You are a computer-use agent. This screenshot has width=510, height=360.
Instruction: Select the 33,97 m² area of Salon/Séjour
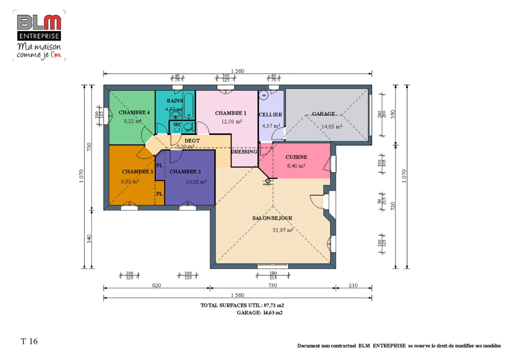(x=282, y=230)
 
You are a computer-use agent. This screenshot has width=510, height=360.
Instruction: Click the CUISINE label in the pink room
(x=296, y=157)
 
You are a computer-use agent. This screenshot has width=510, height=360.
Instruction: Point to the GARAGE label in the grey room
(x=323, y=114)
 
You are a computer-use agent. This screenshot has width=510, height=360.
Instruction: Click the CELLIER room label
(x=270, y=115)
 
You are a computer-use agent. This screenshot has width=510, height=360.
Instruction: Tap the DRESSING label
(x=244, y=152)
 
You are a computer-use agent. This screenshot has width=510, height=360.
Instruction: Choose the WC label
(x=178, y=124)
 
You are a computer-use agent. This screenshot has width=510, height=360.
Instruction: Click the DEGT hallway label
(x=192, y=141)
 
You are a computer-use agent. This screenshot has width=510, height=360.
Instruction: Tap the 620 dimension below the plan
(x=156, y=286)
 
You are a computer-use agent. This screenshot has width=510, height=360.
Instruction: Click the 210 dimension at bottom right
(x=353, y=286)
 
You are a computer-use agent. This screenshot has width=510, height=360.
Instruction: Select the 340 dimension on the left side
(x=89, y=239)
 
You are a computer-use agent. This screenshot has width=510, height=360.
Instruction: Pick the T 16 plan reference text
(x=29, y=342)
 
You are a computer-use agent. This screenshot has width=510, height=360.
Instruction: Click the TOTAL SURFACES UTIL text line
(x=242, y=305)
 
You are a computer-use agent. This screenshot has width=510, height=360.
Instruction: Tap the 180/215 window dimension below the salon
(x=273, y=275)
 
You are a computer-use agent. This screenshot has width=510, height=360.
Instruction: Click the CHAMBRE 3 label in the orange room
(x=137, y=172)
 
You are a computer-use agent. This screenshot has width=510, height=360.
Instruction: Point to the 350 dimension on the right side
(x=392, y=114)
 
